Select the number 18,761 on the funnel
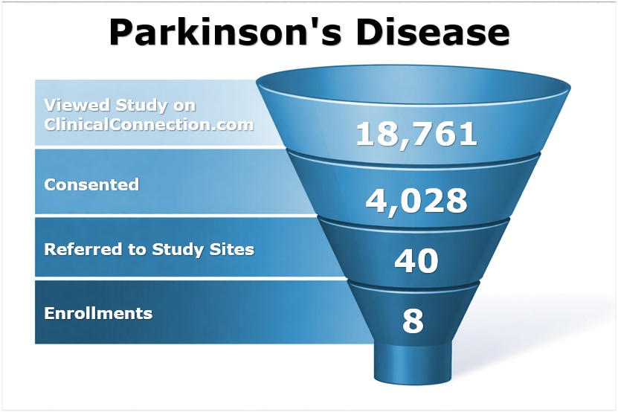pos(416,134)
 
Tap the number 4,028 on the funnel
pos(416,200)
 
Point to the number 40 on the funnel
pos(416,261)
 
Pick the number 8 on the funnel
pos(413,321)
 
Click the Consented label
pos(91,184)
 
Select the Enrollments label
pos(98,313)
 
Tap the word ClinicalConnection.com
pos(149,123)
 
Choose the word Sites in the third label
pos(233,249)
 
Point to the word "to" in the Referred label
pos(139,249)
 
